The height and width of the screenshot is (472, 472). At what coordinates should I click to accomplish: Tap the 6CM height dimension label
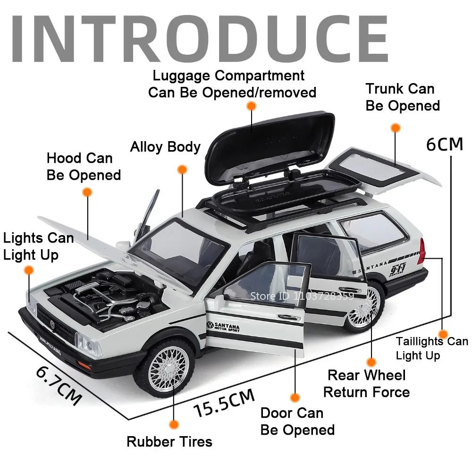(444, 144)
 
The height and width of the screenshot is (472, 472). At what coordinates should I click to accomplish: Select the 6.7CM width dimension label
(59, 385)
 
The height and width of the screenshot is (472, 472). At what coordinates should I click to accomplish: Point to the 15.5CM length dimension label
(225, 402)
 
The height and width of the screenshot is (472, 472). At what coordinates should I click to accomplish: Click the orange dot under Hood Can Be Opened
(87, 192)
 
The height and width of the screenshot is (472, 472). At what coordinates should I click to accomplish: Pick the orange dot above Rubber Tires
(174, 424)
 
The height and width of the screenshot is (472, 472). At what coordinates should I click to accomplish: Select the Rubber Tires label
(169, 442)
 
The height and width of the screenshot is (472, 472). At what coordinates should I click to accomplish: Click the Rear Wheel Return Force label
(366, 383)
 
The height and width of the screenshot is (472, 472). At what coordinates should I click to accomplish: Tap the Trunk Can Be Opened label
(402, 97)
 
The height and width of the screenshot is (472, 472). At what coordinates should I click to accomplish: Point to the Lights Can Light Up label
(38, 246)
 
